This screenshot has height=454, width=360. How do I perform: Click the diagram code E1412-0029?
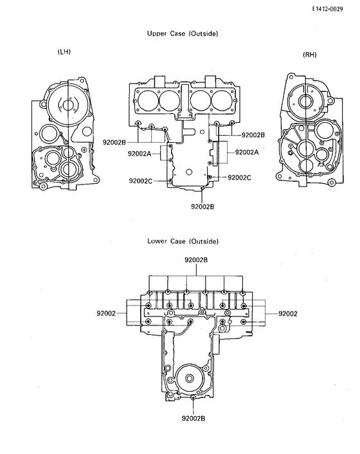[327, 9]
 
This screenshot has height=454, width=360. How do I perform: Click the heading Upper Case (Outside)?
[183, 33]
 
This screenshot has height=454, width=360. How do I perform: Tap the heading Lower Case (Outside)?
[183, 241]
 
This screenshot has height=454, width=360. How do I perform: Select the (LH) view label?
[64, 52]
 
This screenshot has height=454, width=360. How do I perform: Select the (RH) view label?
[310, 55]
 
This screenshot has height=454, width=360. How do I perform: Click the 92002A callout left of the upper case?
[139, 154]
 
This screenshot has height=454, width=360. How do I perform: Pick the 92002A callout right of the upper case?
[247, 152]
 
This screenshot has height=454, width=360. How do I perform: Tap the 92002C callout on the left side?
[140, 181]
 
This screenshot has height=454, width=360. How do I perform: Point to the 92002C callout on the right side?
[239, 177]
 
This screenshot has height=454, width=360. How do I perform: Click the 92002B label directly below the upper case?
[203, 206]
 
